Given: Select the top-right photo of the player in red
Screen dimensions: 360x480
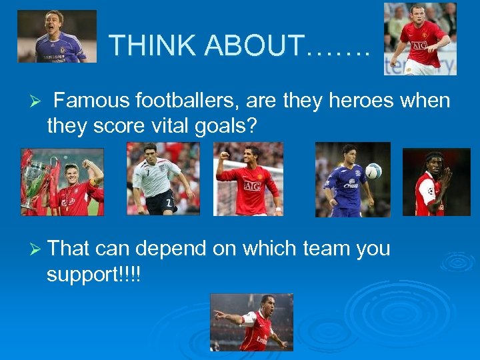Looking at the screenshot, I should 420,39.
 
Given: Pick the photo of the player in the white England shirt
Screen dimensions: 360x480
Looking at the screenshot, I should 163,179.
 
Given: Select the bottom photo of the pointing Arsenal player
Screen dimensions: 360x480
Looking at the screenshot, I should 251,322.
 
